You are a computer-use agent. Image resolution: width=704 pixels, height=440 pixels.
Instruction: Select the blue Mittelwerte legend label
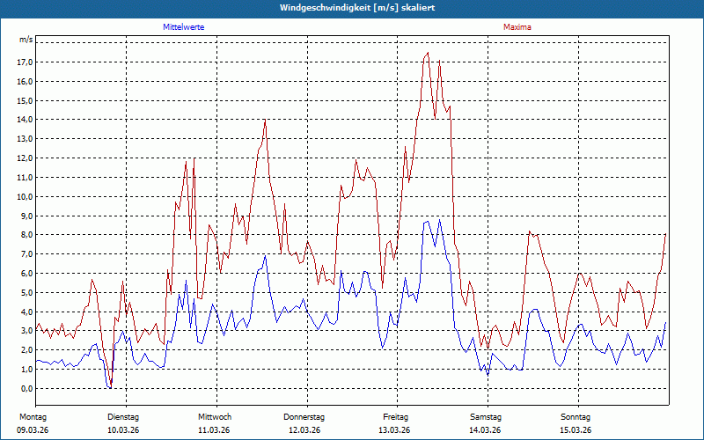click(x=184, y=27)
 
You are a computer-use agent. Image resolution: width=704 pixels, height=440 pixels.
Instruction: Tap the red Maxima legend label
click(x=517, y=27)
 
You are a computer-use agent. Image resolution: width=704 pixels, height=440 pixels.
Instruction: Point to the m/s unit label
click(x=26, y=40)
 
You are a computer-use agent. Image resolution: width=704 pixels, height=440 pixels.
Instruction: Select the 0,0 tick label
click(x=26, y=388)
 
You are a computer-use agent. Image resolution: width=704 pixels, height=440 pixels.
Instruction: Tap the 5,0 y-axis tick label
click(x=26, y=292)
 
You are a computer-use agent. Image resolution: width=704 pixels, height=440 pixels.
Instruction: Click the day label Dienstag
click(x=123, y=416)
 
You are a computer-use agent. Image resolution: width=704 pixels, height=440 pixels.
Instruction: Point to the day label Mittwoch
click(x=215, y=416)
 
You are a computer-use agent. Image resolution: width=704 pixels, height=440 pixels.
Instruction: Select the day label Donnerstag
click(x=304, y=416)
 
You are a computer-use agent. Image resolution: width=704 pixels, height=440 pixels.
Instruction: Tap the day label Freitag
click(x=396, y=416)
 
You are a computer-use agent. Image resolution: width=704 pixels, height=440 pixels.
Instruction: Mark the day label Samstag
click(x=485, y=416)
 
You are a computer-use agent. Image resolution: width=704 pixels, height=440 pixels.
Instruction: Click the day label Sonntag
click(x=576, y=416)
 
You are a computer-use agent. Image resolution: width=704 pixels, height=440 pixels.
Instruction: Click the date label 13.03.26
click(x=394, y=430)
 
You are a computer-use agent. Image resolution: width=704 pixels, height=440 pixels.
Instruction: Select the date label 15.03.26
click(x=576, y=430)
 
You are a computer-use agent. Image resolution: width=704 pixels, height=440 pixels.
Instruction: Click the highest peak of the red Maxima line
click(x=428, y=53)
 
